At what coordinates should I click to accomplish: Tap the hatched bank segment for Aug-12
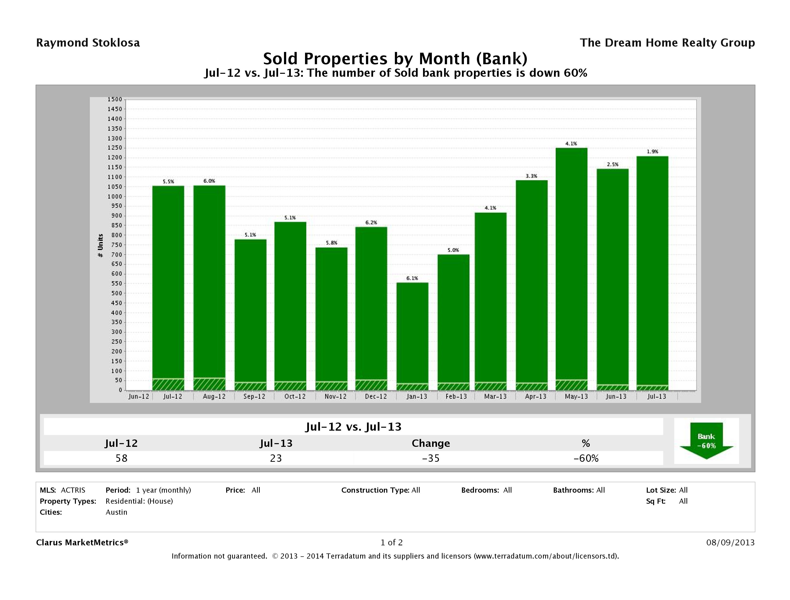[209, 384]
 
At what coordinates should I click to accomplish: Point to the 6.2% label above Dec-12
[371, 222]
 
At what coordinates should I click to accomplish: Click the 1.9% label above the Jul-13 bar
[652, 152]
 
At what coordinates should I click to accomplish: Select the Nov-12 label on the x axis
[335, 397]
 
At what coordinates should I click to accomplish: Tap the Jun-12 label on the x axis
[139, 397]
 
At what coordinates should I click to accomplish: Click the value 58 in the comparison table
[121, 458]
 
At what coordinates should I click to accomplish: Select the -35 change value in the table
[431, 458]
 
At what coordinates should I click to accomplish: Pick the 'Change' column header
[431, 443]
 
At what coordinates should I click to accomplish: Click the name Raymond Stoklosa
[88, 43]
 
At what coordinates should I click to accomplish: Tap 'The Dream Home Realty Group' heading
[667, 43]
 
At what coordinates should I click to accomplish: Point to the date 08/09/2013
[730, 542]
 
